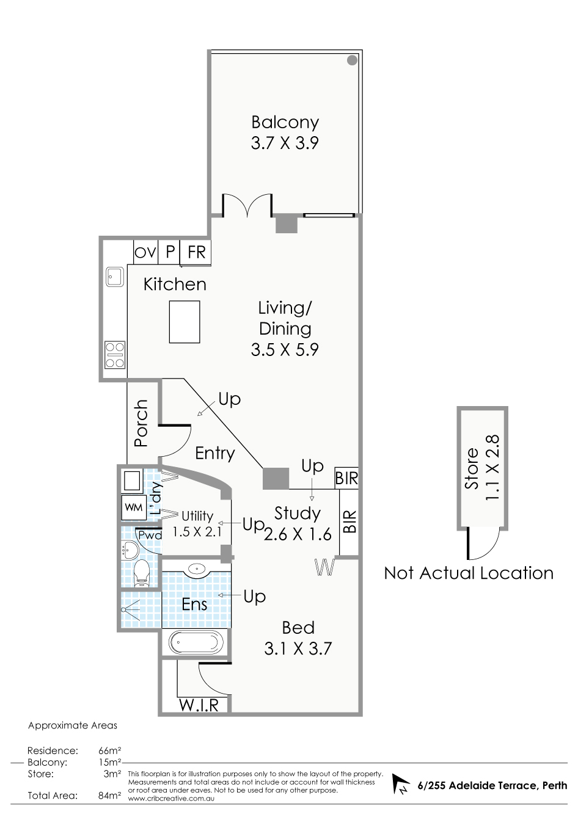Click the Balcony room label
pyautogui.click(x=285, y=123)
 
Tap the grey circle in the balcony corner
pyautogui.click(x=352, y=60)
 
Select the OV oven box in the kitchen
pyautogui.click(x=145, y=252)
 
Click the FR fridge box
pyautogui.click(x=196, y=252)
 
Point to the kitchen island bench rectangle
pyautogui.click(x=185, y=322)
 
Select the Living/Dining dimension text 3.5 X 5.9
pyautogui.click(x=285, y=349)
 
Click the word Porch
pyautogui.click(x=141, y=423)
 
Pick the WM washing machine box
pyautogui.click(x=133, y=507)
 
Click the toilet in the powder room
pyautogui.click(x=142, y=573)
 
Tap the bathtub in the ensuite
pyautogui.click(x=196, y=642)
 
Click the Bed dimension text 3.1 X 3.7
pyautogui.click(x=298, y=648)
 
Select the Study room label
pyautogui.click(x=298, y=513)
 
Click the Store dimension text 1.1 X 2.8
pyautogui.click(x=491, y=468)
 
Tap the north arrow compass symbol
pyautogui.click(x=401, y=784)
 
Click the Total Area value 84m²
pyautogui.click(x=109, y=796)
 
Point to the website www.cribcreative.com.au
pyautogui.click(x=171, y=799)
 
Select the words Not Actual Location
pyautogui.click(x=469, y=573)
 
